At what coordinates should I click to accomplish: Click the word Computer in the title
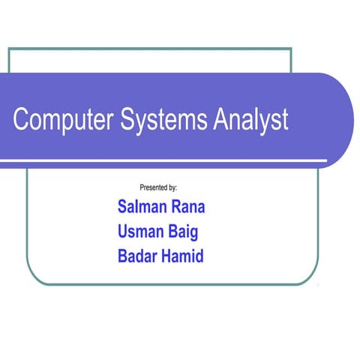[x=64, y=121]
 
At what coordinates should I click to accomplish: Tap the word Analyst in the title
[x=250, y=121]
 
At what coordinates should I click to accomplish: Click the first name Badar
[x=139, y=256]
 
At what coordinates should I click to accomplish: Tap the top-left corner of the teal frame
[x=9, y=49]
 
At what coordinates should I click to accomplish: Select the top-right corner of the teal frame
[x=290, y=49]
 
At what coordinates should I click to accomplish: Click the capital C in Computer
[x=21, y=121]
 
